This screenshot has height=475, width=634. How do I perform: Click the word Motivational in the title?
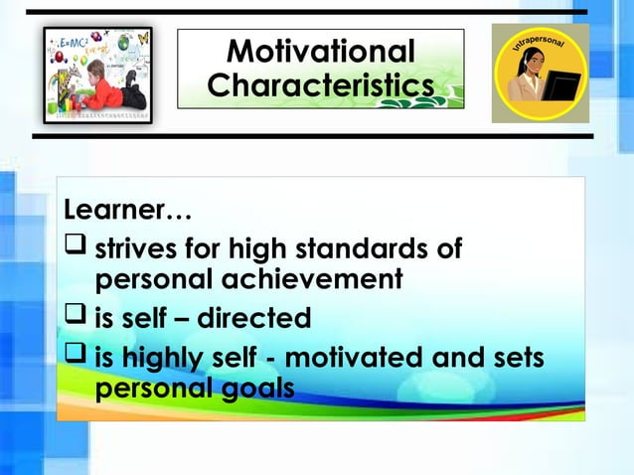pyautogui.click(x=320, y=51)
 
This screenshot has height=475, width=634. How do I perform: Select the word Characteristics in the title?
pyautogui.click(x=320, y=85)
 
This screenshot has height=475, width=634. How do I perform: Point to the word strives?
pyautogui.click(x=138, y=247)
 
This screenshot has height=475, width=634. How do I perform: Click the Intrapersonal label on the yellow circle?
pyautogui.click(x=542, y=41)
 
